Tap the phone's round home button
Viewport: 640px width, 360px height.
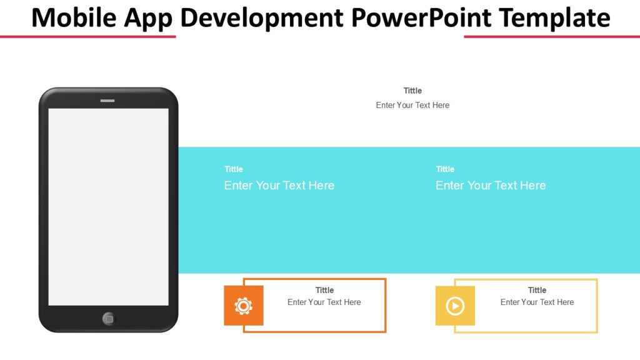(x=109, y=319)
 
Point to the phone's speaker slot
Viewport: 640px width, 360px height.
(x=107, y=101)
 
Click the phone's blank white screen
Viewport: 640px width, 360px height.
(x=108, y=206)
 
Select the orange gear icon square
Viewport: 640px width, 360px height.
(x=244, y=306)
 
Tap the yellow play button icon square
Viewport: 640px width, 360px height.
(x=455, y=306)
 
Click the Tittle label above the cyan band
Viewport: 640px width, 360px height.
(x=412, y=91)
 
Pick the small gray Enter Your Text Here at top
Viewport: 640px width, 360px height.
(x=412, y=105)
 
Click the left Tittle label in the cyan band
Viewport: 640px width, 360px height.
(x=234, y=169)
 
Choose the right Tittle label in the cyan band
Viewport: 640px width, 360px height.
(x=445, y=169)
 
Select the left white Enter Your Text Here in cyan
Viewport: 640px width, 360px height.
(x=279, y=186)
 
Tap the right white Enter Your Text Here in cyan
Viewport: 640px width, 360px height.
(x=491, y=186)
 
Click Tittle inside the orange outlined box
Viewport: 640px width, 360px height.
(x=324, y=290)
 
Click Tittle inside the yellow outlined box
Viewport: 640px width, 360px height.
(x=537, y=290)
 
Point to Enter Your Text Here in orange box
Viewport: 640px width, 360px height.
(x=324, y=302)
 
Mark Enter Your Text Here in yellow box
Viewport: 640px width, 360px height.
(x=537, y=302)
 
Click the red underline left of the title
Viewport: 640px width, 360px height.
(x=87, y=37)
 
